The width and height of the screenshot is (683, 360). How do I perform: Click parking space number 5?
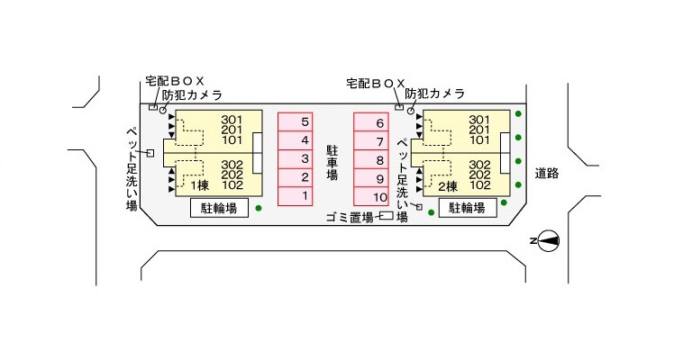click(x=305, y=121)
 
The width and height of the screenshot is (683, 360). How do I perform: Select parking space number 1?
click(x=305, y=196)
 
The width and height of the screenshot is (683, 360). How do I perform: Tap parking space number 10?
click(x=380, y=197)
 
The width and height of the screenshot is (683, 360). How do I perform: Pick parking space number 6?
click(x=380, y=122)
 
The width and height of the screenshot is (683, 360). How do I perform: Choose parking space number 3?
click(x=305, y=158)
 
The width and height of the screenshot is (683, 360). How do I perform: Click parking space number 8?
click(x=380, y=159)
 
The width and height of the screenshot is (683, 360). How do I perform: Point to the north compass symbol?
click(x=549, y=240)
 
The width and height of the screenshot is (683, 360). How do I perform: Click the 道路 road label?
click(x=547, y=173)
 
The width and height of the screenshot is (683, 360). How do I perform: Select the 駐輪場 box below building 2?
click(x=467, y=209)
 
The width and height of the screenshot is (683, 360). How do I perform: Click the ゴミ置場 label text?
click(x=351, y=217)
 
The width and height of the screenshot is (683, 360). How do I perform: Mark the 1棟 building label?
click(x=198, y=186)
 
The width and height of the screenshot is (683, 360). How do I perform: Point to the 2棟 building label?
click(x=448, y=186)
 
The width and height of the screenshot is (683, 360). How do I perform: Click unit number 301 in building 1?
click(x=232, y=120)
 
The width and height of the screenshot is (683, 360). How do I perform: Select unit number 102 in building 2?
click(x=479, y=186)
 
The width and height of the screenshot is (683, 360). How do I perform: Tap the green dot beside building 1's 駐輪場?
click(x=259, y=209)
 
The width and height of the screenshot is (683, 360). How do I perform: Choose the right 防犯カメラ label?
click(x=434, y=94)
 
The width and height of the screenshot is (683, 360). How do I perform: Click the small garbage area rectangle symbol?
click(x=386, y=216)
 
